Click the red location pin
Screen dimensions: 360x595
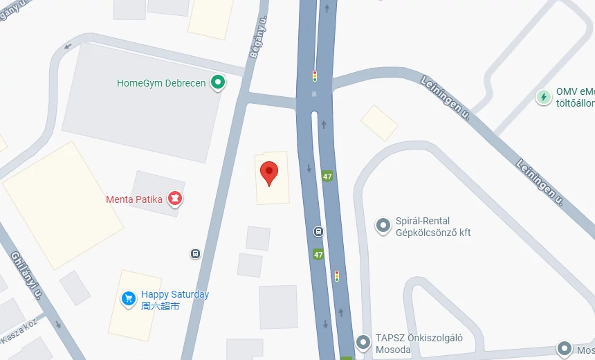coord(269,172)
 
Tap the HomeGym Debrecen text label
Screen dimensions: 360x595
coord(161,83)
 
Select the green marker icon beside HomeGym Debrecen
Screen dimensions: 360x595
coord(219,83)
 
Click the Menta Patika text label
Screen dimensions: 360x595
coord(134,199)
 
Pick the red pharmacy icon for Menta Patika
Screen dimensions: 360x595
coord(176,199)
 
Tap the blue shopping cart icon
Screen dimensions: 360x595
coord(128,298)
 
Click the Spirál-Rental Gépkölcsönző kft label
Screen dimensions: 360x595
coord(432,227)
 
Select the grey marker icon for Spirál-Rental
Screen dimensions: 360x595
coord(383,226)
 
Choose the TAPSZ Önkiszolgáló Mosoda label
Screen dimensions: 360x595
coord(419,343)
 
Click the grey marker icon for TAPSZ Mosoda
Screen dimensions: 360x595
coord(363,342)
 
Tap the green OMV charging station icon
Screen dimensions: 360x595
coord(544,97)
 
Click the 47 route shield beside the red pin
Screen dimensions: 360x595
coord(327,177)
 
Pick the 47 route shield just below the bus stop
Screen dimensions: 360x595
coord(318,254)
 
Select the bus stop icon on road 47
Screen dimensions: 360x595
coord(318,232)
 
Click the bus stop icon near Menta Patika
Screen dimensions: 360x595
coord(196,253)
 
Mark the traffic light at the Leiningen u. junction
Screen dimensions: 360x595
coord(315,76)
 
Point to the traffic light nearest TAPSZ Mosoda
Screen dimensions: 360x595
coord(337,276)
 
